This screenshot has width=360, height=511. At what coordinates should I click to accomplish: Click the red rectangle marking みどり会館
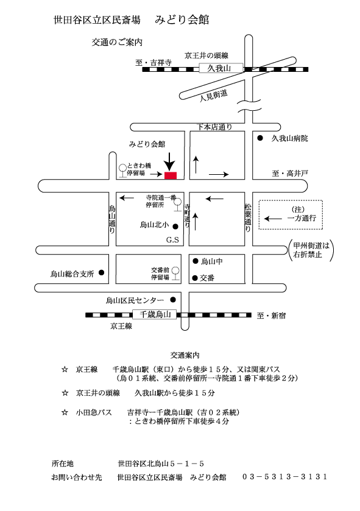coord(171,175)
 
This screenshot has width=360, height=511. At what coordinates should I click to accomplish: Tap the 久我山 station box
coord(221,68)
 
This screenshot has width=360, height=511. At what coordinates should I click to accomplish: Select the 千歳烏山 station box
coord(155,314)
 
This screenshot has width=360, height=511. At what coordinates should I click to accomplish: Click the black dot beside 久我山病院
coord(260,138)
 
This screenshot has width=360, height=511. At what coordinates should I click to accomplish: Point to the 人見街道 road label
coord(213,96)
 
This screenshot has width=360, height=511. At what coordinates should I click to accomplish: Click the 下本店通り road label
coord(214,127)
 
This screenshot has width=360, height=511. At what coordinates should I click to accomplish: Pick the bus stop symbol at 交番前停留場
coord(175,273)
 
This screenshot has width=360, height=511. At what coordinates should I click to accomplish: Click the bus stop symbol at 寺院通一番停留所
coord(177,204)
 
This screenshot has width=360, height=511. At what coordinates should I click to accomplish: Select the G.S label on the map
coord(172,240)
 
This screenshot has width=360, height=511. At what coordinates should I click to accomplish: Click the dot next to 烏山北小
coord(175,226)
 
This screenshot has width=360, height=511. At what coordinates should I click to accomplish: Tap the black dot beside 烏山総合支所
coord(101,272)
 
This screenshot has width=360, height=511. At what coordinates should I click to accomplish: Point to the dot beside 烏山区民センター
coord(173,300)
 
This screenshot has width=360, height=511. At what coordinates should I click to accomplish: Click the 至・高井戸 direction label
coord(290,174)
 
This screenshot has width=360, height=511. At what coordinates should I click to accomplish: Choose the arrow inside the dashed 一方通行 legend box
coord(273,219)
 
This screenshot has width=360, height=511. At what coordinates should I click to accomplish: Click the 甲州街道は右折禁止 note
coord(311,250)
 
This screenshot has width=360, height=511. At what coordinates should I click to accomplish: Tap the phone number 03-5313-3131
coord(284,476)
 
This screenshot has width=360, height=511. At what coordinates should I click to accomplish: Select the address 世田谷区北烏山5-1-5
coord(161,463)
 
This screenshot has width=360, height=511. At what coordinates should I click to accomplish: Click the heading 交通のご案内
coord(117,42)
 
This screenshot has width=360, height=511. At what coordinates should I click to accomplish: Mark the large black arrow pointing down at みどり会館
coord(169,161)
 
